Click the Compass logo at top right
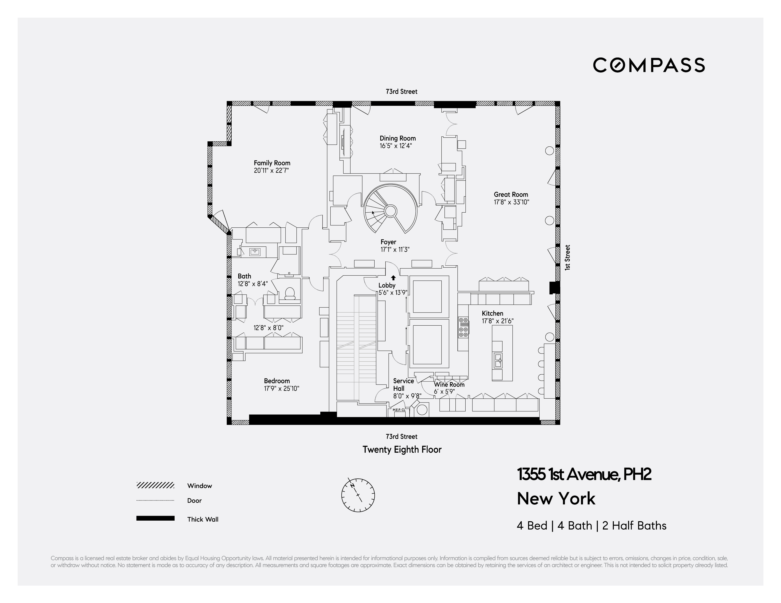pyautogui.click(x=649, y=65)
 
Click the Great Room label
pyautogui.click(x=511, y=194)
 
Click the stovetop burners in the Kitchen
pyautogui.click(x=463, y=327)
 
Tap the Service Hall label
pyautogui.click(x=403, y=385)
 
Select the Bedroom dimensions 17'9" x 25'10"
pyautogui.click(x=281, y=388)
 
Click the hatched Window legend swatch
pyautogui.click(x=155, y=485)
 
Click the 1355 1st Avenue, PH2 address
pyautogui.click(x=584, y=475)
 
